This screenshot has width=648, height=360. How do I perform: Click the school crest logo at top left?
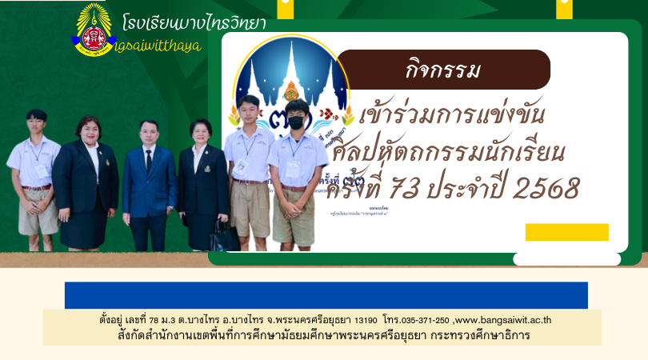click(x=95, y=30)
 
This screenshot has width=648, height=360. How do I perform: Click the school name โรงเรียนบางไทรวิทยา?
click(x=195, y=22)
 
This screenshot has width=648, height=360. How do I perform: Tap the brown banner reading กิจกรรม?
click(x=442, y=70)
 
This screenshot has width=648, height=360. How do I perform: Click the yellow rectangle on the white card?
click(x=566, y=232)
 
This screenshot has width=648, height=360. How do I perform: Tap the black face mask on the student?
click(x=296, y=122)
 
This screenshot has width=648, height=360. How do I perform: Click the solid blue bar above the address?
click(x=326, y=294)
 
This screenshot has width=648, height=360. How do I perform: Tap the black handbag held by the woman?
click(x=220, y=235)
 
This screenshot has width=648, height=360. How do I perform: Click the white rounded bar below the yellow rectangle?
click(x=566, y=258)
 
